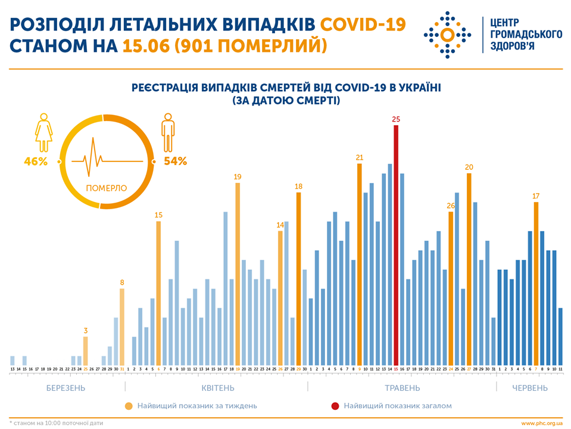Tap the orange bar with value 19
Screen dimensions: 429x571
(238, 274)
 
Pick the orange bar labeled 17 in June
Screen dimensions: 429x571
(536, 284)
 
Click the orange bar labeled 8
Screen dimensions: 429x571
(122, 327)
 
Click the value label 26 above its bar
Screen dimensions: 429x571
(451, 206)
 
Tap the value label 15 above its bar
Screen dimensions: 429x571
(158, 214)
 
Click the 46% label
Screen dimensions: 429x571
(36, 161)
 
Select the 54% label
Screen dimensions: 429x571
(176, 161)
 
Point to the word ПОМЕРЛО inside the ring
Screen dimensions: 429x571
(107, 188)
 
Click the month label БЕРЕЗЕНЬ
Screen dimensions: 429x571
(66, 388)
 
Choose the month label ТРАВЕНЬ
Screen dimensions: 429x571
(402, 388)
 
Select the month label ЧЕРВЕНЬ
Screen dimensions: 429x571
(530, 388)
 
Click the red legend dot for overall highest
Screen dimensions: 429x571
(335, 406)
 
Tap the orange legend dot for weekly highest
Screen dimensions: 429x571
(129, 406)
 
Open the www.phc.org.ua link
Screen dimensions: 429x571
(542, 423)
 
